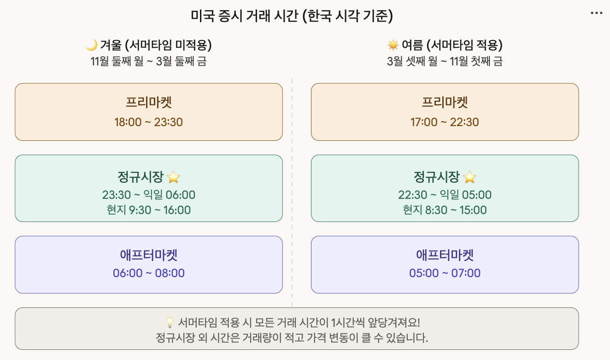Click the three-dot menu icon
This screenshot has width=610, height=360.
[x=596, y=13]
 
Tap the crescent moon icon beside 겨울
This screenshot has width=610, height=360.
[x=92, y=45]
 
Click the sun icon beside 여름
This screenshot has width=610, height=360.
[x=393, y=45]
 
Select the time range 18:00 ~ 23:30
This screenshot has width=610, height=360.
[x=148, y=122]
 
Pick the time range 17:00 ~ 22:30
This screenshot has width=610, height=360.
[x=445, y=122]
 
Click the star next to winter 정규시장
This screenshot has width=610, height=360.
[x=173, y=177]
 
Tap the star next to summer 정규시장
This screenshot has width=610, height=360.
[x=469, y=177]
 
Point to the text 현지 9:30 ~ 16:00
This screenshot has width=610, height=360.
[x=148, y=210]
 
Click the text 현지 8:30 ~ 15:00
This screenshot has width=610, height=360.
[x=445, y=210]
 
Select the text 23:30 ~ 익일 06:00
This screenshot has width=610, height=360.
[x=148, y=195]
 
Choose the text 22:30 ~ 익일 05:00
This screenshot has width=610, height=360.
[x=445, y=195]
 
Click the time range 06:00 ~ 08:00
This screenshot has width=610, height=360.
[x=148, y=273]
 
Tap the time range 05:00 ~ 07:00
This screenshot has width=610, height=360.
[x=445, y=273]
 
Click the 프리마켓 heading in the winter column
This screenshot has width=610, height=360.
[x=148, y=102]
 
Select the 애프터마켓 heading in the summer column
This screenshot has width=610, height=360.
[x=445, y=255]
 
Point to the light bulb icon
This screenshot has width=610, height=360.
[x=169, y=322]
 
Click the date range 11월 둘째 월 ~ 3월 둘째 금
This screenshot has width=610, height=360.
[x=148, y=61]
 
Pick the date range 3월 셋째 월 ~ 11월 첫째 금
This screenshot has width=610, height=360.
[x=445, y=61]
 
